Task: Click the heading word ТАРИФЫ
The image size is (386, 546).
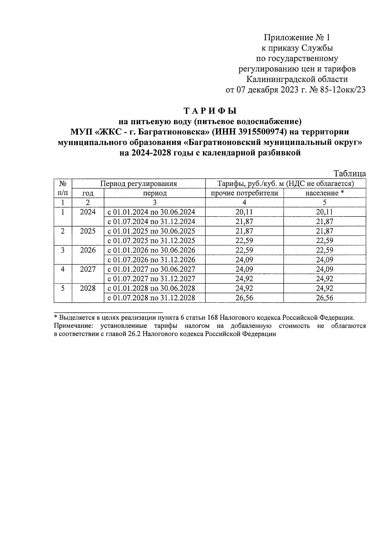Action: [210, 111]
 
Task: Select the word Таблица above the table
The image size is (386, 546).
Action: [350, 173]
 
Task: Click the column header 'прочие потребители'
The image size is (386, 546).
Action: [244, 193]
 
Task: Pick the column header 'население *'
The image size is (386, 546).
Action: [324, 193]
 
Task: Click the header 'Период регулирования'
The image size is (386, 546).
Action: [139, 184]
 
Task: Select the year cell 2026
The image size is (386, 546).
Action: [88, 250]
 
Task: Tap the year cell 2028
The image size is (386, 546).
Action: [88, 288]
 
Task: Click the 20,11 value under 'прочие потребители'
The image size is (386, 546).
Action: [244, 212]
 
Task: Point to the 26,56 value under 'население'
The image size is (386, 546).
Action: [324, 298]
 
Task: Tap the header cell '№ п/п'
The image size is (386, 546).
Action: [63, 188]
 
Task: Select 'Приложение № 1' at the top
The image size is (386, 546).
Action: [297, 38]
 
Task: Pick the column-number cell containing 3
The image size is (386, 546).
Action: [154, 202]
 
